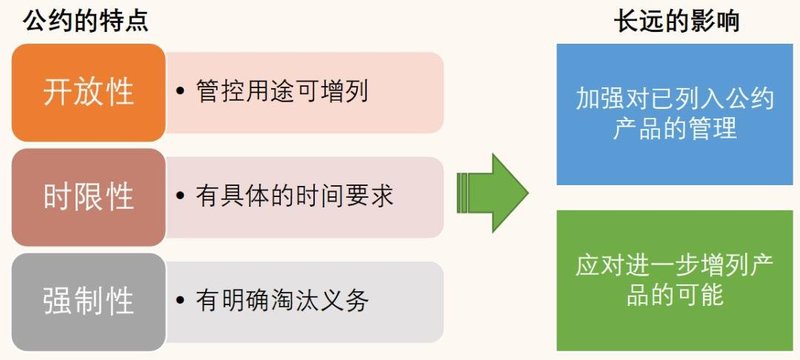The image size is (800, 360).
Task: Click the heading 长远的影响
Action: (676, 21)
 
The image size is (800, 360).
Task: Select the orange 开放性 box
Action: (89, 93)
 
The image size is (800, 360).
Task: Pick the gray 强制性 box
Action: (89, 300)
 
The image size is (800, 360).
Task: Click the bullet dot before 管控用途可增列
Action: (180, 93)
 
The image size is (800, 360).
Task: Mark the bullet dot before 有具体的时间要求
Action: (180, 196)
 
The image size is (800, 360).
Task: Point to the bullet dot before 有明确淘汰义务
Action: (180, 300)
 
